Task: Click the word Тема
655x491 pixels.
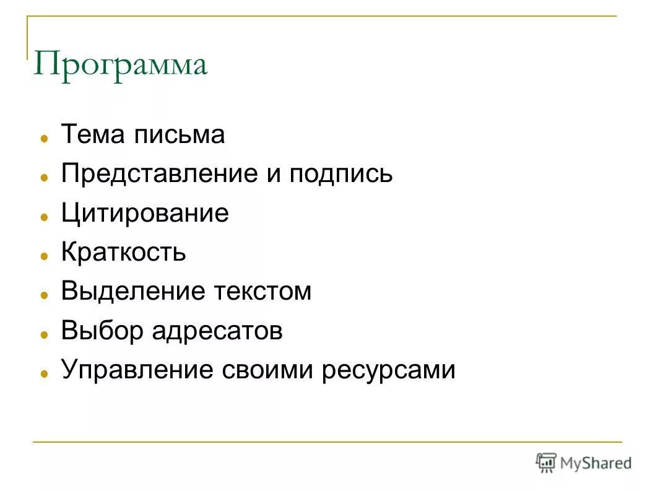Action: [x=90, y=134]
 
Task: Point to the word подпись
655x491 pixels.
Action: [x=341, y=174]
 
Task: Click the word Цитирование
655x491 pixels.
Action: [x=145, y=214]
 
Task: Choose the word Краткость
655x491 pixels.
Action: [x=123, y=253]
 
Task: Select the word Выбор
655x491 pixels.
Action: [x=102, y=331]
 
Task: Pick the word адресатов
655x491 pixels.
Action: [x=217, y=331]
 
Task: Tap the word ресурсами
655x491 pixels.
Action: [x=389, y=370]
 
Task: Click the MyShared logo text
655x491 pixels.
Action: [x=596, y=463]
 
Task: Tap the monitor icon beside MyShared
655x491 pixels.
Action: [x=546, y=462]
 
